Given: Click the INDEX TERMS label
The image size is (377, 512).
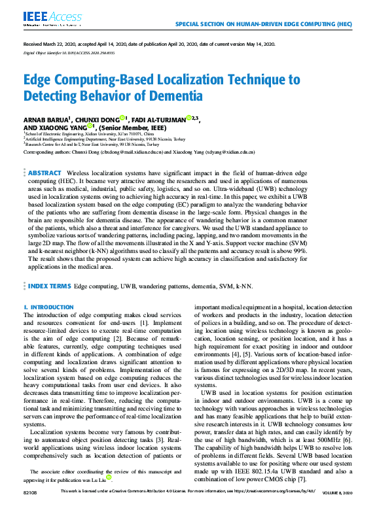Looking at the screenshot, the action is pos(50,286).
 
